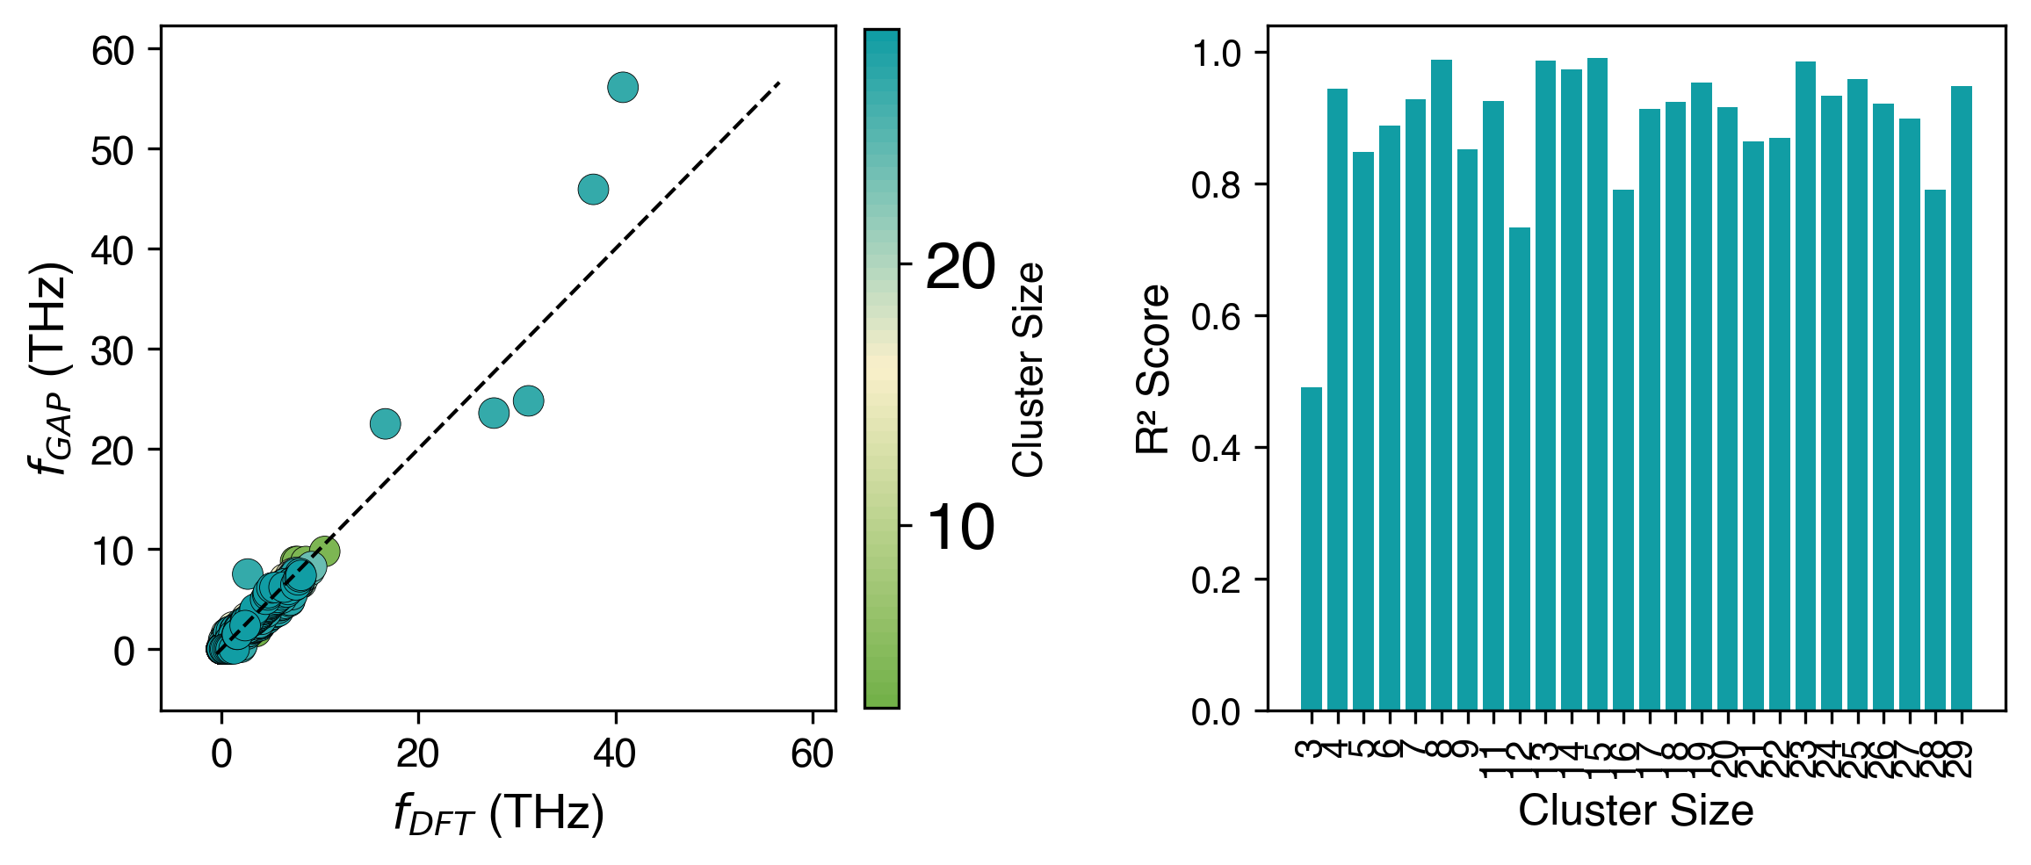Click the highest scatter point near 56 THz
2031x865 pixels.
click(622, 87)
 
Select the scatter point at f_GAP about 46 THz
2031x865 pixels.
click(594, 189)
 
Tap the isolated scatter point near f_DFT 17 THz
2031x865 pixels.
click(385, 424)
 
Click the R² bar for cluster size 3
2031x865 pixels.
click(1311, 549)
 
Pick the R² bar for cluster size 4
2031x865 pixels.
click(1337, 400)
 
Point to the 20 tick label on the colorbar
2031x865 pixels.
click(960, 266)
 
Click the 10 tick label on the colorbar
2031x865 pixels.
click(960, 528)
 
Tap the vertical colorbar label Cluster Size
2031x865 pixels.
click(1028, 369)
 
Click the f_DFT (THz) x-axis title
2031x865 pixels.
click(498, 813)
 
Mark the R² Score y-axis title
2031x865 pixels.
click(1153, 369)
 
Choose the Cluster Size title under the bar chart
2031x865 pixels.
click(1635, 811)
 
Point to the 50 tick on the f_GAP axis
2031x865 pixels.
click(112, 151)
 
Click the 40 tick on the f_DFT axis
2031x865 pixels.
click(614, 753)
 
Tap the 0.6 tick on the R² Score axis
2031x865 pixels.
click(1215, 317)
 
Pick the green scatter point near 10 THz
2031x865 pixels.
click(324, 551)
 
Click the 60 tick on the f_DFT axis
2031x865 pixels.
click(812, 753)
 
